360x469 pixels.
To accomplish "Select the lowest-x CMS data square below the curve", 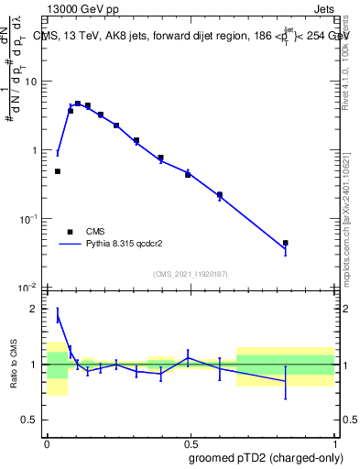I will (58, 171).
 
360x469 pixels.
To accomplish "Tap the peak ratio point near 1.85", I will (58, 317).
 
